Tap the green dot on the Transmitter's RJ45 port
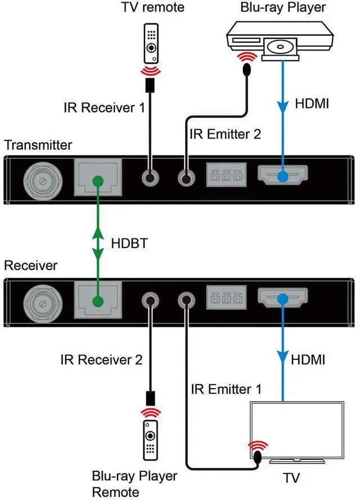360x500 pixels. (x=98, y=181)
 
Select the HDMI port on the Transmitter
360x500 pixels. (x=282, y=176)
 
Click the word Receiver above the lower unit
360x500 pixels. (x=30, y=264)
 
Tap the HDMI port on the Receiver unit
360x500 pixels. (x=282, y=299)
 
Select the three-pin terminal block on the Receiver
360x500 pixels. (x=227, y=299)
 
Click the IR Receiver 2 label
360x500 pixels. (x=101, y=359)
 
